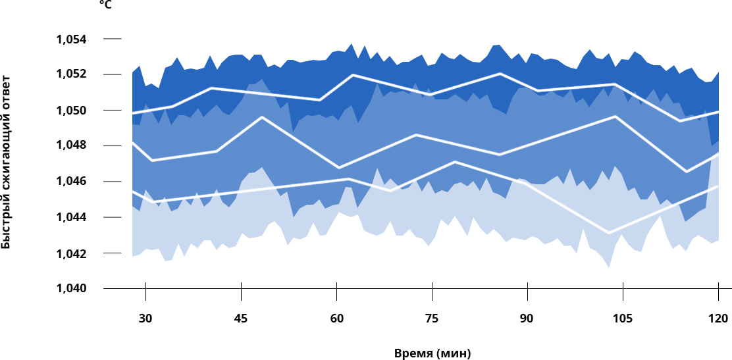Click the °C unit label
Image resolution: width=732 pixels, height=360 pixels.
[105, 5]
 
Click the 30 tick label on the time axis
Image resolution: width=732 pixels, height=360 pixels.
[145, 319]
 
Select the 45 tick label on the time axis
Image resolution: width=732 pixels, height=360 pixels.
[241, 319]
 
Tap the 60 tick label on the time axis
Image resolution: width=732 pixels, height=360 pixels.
[336, 319]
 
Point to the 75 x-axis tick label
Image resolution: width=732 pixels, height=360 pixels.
[432, 319]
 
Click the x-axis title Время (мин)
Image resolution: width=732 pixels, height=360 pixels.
[432, 353]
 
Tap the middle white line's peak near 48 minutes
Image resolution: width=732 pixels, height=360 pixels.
[262, 117]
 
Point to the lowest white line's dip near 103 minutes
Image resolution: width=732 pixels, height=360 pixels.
[609, 232]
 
